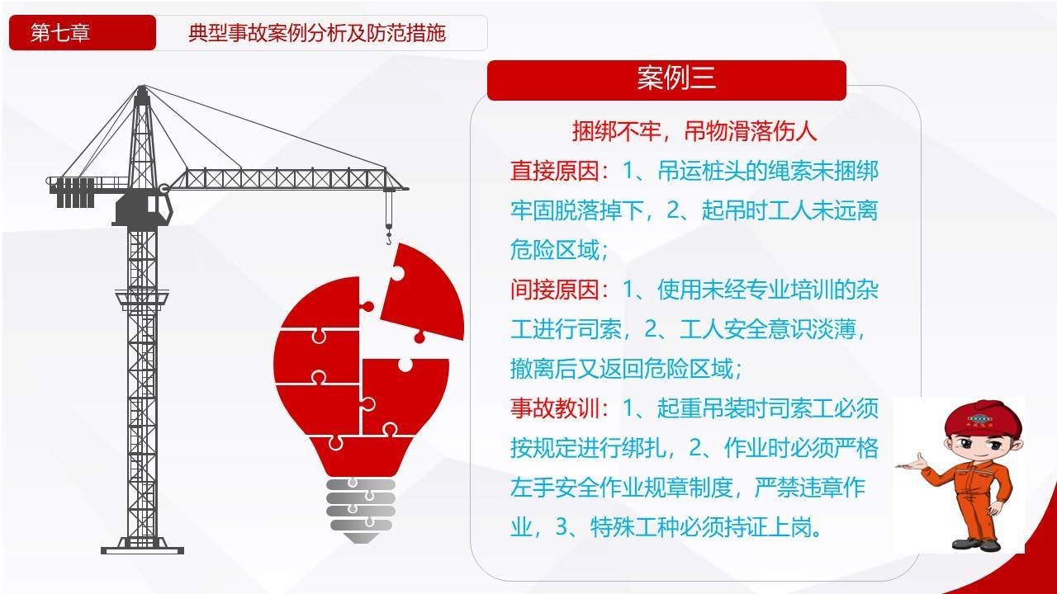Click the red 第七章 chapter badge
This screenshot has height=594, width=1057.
pyautogui.click(x=83, y=32)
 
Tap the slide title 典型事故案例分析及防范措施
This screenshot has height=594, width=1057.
pyautogui.click(x=316, y=33)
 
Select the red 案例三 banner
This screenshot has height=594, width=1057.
pyautogui.click(x=666, y=80)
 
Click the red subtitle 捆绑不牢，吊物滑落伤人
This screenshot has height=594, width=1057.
pyautogui.click(x=694, y=131)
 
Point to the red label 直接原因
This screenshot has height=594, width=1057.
pyautogui.click(x=555, y=171)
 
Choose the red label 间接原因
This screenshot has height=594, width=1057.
pyautogui.click(x=555, y=290)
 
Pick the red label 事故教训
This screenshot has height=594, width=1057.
pyautogui.click(x=555, y=408)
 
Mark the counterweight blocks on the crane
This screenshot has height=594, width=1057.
pyautogui.click(x=75, y=192)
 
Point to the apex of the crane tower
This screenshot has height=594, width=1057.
pyautogui.click(x=142, y=87)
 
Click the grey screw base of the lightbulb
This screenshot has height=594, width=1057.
pyautogui.click(x=361, y=510)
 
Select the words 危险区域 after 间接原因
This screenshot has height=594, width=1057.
pyautogui.click(x=688, y=369)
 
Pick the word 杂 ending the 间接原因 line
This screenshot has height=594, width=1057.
pyautogui.click(x=867, y=290)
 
